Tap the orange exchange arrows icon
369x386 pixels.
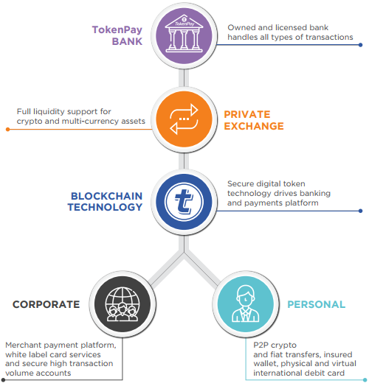coord(184,119)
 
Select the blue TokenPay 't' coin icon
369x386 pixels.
coord(184,202)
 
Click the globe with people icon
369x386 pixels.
coord(123,304)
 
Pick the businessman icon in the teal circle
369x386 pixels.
coord(246,303)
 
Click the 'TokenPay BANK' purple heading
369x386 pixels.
coord(117,35)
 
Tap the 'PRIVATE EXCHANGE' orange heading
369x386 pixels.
coord(254,120)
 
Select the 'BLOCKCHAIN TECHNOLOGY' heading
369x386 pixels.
coord(106,202)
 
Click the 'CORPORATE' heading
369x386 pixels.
coord(46,304)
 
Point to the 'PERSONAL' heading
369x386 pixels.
coord(316,304)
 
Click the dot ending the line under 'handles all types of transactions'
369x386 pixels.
coord(360,45)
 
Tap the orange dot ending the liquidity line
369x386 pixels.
coord(8,129)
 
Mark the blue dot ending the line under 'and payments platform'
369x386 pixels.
coord(360,211)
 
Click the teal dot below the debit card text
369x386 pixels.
coord(365,380)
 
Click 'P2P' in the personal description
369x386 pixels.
coord(260,345)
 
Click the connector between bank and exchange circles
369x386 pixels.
coord(184,78)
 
